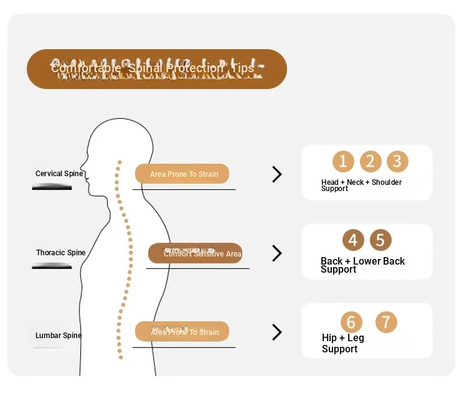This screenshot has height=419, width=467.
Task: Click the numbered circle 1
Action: [343, 162]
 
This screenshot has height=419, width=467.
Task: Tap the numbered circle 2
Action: [370, 162]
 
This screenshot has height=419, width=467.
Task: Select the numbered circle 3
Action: [397, 162]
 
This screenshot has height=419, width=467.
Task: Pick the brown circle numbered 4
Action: [353, 240]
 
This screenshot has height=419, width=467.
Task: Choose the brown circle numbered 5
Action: [380, 240]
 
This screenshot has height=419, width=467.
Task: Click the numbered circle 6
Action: [351, 322]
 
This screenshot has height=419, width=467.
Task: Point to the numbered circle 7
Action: [386, 322]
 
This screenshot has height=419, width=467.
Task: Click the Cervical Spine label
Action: [59, 174]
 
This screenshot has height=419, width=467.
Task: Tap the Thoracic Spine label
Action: [60, 253]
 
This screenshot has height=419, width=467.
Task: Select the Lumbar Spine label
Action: [58, 336]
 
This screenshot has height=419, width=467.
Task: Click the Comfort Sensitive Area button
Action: [195, 253]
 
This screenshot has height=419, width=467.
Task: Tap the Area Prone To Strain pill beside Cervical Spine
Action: [182, 174]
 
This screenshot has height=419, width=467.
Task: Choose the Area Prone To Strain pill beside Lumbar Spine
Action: [182, 332]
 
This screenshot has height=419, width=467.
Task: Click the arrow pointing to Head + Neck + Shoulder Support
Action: [277, 174]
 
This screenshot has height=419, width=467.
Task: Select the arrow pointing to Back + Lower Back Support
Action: [277, 253]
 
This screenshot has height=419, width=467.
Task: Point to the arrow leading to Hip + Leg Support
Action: [277, 332]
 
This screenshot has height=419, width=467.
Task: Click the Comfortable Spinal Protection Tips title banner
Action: [156, 68]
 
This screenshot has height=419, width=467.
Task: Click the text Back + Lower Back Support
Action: [362, 265]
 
